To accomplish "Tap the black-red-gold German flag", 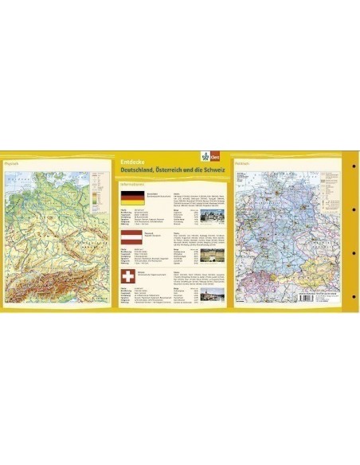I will [x=131, y=197].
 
